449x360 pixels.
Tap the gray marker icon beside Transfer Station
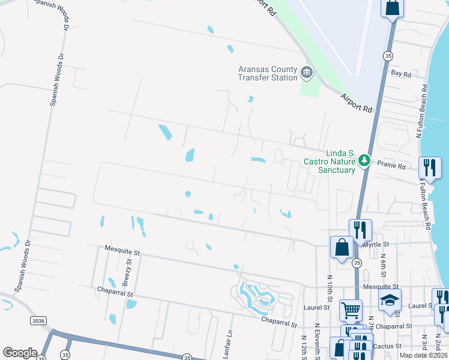point(307,73)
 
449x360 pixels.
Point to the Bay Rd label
point(401,74)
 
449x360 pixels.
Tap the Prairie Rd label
point(392,166)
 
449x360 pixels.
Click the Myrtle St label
point(378,244)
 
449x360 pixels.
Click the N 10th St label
point(330,288)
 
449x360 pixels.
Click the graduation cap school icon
point(390,299)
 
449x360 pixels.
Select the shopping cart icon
point(351,310)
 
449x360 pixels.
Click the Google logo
point(20,353)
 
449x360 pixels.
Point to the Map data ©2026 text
point(423,355)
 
